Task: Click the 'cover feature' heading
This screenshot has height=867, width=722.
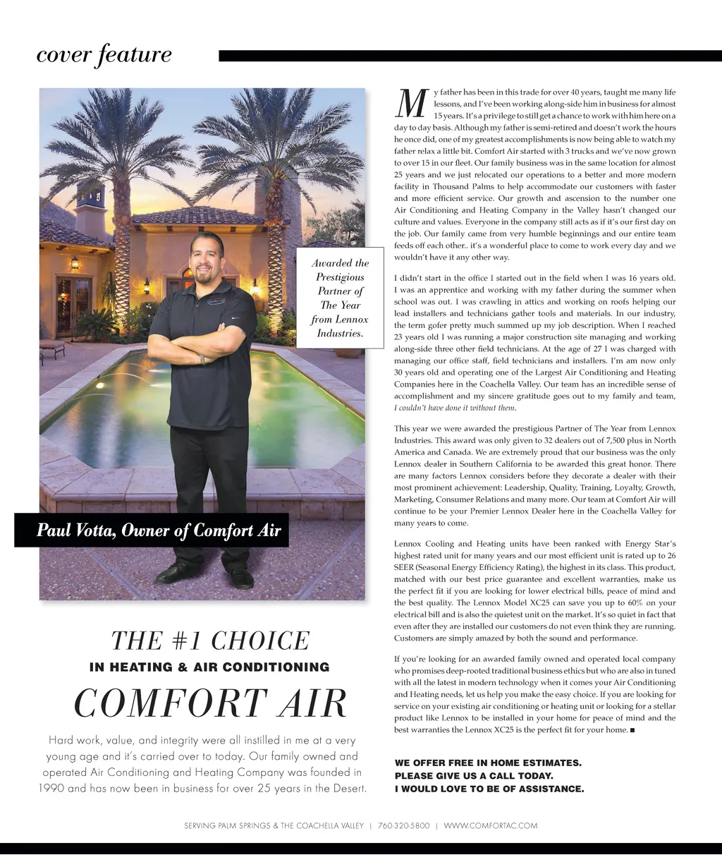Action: pos(104,55)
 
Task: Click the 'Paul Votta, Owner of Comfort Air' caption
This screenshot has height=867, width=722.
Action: pos(159,530)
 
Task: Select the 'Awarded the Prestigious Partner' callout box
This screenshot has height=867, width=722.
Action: pos(340,298)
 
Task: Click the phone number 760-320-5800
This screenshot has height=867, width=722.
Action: pos(403,825)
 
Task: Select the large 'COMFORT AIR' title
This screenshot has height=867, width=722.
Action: pos(210,703)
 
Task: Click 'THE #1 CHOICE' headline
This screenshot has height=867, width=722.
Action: pos(210,641)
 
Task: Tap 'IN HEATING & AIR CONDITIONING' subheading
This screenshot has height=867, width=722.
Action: pos(210,667)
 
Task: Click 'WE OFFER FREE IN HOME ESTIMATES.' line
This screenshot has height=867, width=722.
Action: pos(488,763)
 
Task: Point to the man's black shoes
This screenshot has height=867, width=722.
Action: pos(204,576)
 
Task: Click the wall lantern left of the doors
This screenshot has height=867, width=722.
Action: pos(75,263)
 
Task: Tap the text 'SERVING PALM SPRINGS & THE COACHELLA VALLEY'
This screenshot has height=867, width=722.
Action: pos(274,825)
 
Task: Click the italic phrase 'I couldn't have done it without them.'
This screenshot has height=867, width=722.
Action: pos(455,408)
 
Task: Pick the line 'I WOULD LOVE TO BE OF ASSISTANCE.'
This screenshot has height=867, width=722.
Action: pos(489,789)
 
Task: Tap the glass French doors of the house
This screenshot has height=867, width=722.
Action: pos(73,305)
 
